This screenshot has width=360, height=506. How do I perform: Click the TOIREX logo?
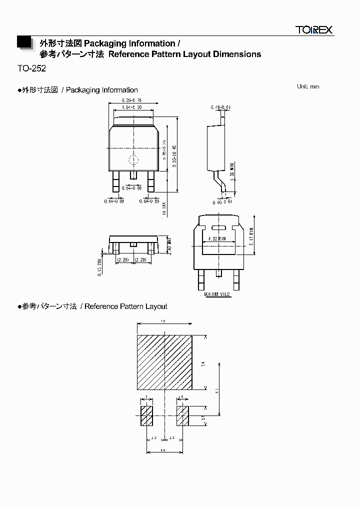pyautogui.click(x=313, y=30)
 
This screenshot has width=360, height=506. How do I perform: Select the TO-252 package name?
pyautogui.click(x=31, y=68)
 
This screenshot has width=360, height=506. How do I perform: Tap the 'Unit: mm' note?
pyautogui.click(x=307, y=86)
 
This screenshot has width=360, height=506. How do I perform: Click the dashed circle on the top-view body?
pyautogui.click(x=133, y=160)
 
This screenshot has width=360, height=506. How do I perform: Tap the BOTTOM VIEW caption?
pyautogui.click(x=217, y=294)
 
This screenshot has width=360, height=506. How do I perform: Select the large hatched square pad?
pyautogui.click(x=164, y=362)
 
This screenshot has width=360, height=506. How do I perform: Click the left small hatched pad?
pyautogui.click(x=146, y=416)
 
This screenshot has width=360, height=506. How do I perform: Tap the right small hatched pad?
pyautogui.click(x=182, y=416)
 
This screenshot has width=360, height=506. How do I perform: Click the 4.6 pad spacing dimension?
pyautogui.click(x=163, y=450)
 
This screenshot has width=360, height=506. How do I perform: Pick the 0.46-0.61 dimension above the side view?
pyautogui.click(x=220, y=107)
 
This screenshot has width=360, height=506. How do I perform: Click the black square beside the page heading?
pyautogui.click(x=23, y=42)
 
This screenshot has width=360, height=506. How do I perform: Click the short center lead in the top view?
pyautogui.click(x=133, y=175)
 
